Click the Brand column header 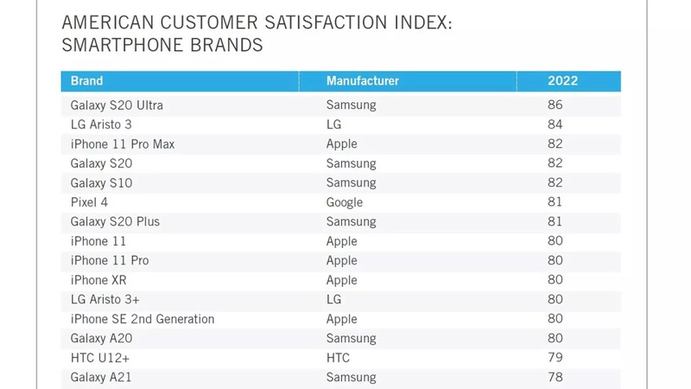[x=86, y=81]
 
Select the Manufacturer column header [x=362, y=81]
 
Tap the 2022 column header [x=562, y=81]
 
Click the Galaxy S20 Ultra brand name [x=117, y=105]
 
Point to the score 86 [x=555, y=105]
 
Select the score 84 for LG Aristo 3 [x=555, y=124]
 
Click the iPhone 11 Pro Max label [x=123, y=144]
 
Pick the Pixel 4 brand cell [x=89, y=202]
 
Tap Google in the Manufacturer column [x=345, y=202]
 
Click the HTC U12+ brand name [x=100, y=358]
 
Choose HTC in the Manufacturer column [x=339, y=358]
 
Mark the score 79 [x=555, y=358]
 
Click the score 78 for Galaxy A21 [x=555, y=378]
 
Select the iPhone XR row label [x=99, y=280]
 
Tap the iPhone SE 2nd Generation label [x=143, y=319]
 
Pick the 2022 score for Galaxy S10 [x=555, y=183]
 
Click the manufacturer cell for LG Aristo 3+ [x=333, y=299]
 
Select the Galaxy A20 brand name [x=101, y=339]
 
